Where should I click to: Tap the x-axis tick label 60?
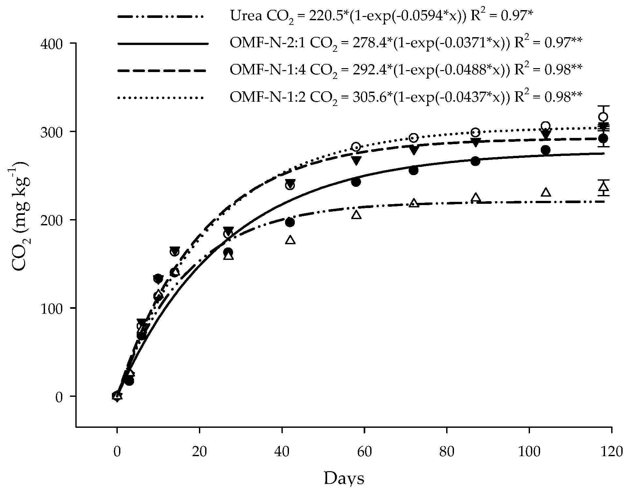coord(364,452)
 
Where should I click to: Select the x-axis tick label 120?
coord(611,452)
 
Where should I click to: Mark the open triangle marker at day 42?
coord(290,240)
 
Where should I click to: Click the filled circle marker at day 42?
coord(290,222)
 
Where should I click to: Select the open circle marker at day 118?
coord(603,117)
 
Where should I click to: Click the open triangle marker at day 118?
coord(603,187)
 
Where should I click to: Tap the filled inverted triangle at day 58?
coord(356,160)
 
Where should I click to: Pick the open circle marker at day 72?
coord(414,138)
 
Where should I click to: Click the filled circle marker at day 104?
coord(546,150)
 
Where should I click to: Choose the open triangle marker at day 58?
coord(356,215)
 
